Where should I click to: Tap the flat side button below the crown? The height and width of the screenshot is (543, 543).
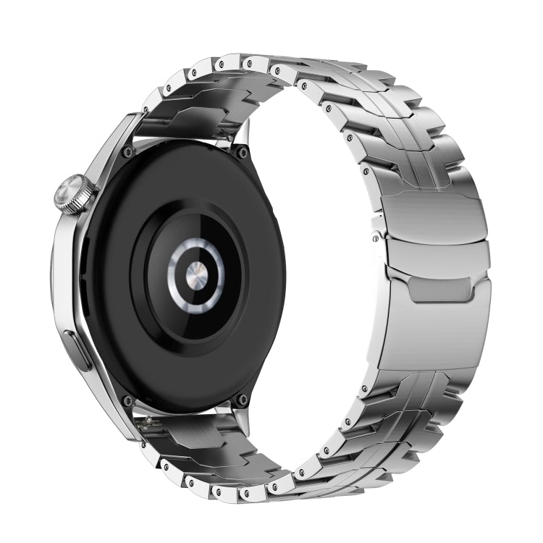click(x=77, y=350)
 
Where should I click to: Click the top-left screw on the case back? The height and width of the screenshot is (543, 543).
click(x=128, y=152)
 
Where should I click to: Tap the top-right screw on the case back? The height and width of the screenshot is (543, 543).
click(x=242, y=153)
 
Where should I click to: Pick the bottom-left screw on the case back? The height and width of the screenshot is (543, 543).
click(x=128, y=400)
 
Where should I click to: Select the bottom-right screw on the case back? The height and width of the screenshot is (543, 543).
click(x=241, y=400)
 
